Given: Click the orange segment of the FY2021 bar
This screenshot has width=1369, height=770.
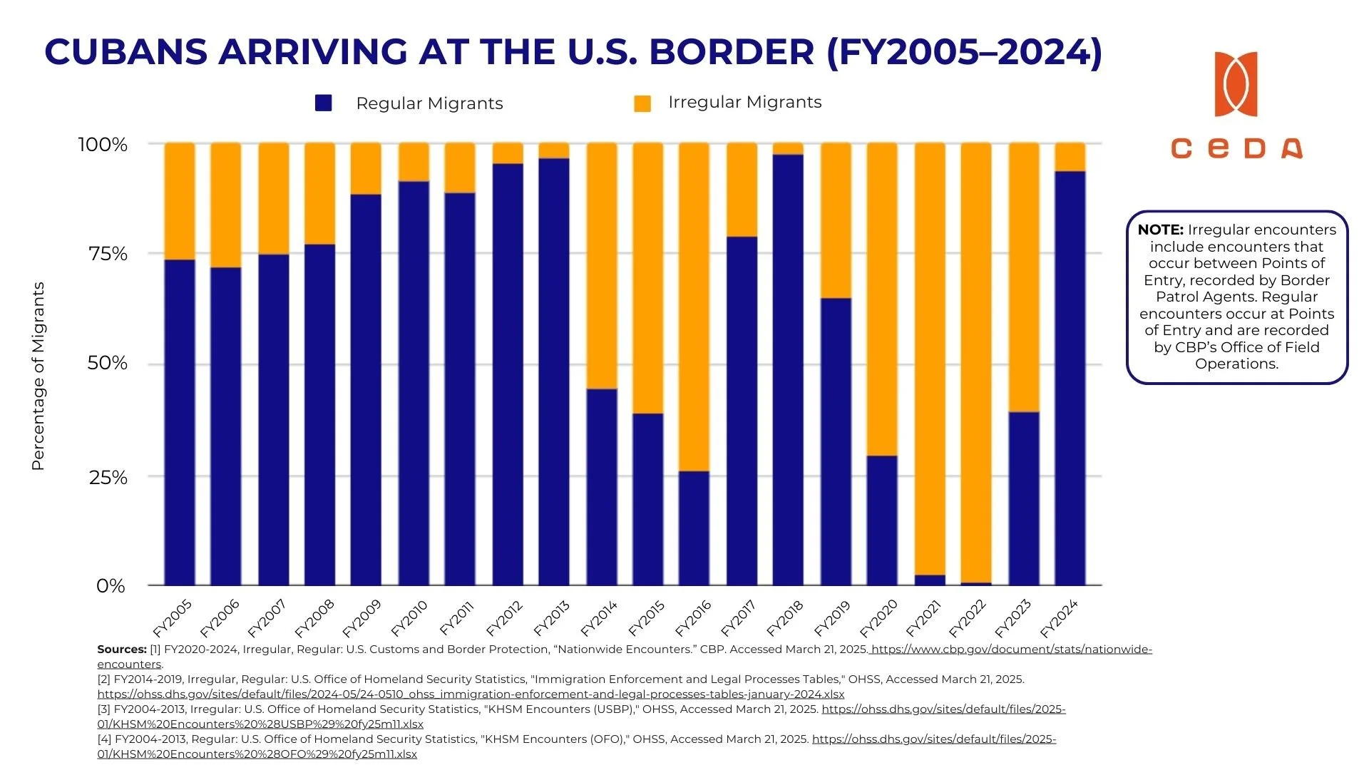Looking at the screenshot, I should click(x=930, y=356).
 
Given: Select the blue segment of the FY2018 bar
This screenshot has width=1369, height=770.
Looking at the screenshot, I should click(x=788, y=371).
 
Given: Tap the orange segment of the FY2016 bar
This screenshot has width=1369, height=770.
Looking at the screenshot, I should click(x=694, y=307).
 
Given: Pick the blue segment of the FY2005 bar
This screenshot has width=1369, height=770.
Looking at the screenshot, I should click(x=180, y=421).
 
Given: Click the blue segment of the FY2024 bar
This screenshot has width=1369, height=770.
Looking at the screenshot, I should click(x=1070, y=378).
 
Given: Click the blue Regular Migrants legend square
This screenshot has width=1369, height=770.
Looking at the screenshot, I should click(x=324, y=103).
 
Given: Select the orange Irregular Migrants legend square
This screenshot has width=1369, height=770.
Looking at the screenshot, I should click(x=642, y=103).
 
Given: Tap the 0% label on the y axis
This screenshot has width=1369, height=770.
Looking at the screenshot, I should click(x=111, y=586).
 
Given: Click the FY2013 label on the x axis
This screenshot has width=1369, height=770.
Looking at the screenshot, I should click(x=552, y=618).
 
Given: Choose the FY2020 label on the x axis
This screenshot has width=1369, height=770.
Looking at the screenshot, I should click(x=878, y=618).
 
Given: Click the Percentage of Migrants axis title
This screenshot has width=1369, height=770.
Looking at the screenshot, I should click(x=39, y=376).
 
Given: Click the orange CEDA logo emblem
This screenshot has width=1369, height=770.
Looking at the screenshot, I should click(x=1236, y=84).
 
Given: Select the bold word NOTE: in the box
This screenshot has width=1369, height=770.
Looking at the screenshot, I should click(x=1160, y=230).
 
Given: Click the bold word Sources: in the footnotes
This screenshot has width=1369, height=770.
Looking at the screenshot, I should click(x=122, y=650).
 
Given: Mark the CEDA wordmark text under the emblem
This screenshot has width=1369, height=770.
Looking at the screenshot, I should click(x=1236, y=148).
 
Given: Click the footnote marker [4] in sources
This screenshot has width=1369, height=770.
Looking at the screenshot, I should click(x=105, y=739).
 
